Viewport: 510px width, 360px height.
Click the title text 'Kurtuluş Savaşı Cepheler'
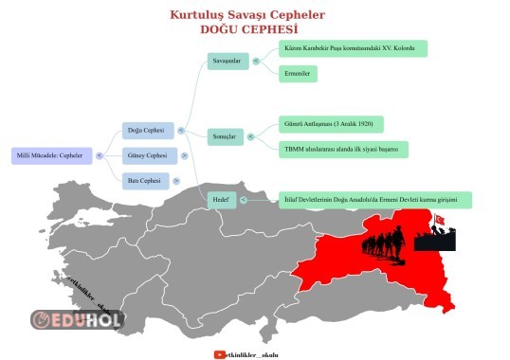click(x=247, y=15)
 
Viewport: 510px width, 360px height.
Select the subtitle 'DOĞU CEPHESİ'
click(x=247, y=29)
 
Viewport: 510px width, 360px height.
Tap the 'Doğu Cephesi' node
click(x=146, y=131)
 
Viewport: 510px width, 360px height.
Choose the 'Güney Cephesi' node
click(x=146, y=155)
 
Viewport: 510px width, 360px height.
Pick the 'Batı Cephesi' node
click(x=146, y=180)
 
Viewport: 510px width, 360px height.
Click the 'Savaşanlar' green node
click(x=229, y=61)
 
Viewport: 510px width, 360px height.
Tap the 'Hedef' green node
click(x=220, y=200)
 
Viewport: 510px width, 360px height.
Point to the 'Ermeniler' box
click(x=299, y=73)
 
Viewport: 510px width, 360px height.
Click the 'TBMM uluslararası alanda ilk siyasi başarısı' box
click(x=344, y=149)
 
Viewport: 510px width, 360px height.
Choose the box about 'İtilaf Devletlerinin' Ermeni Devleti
click(x=376, y=200)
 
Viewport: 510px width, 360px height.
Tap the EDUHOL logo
click(x=76, y=319)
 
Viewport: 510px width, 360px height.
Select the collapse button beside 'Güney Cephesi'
click(x=185, y=155)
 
